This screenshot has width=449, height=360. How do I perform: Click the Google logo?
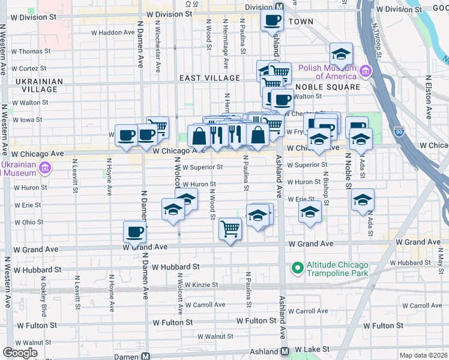click(x=20, y=353)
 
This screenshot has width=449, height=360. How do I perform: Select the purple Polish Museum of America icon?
click(x=365, y=72)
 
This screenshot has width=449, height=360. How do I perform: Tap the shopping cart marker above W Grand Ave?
click(x=231, y=229)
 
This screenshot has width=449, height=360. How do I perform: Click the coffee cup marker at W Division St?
click(x=272, y=20)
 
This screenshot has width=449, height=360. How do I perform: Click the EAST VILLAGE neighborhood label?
click(x=209, y=78)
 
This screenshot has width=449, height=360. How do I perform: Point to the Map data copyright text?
click(x=424, y=355)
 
